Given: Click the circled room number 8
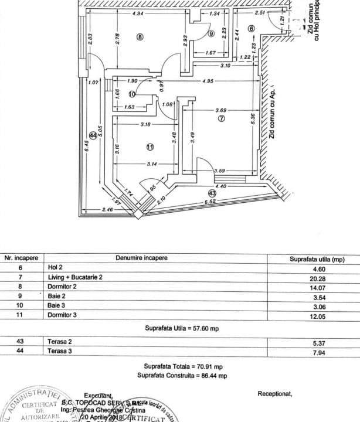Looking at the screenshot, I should (x=140, y=37).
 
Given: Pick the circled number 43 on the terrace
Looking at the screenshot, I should (x=212, y=192).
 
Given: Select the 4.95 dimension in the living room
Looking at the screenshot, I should (x=207, y=81).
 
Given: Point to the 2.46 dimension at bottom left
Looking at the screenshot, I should (x=91, y=209).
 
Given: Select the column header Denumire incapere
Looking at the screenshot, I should (x=141, y=258).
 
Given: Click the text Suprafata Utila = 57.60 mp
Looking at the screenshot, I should (x=180, y=328).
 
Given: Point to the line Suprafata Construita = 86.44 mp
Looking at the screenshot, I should (x=182, y=375).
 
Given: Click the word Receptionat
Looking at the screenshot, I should (x=274, y=394).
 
